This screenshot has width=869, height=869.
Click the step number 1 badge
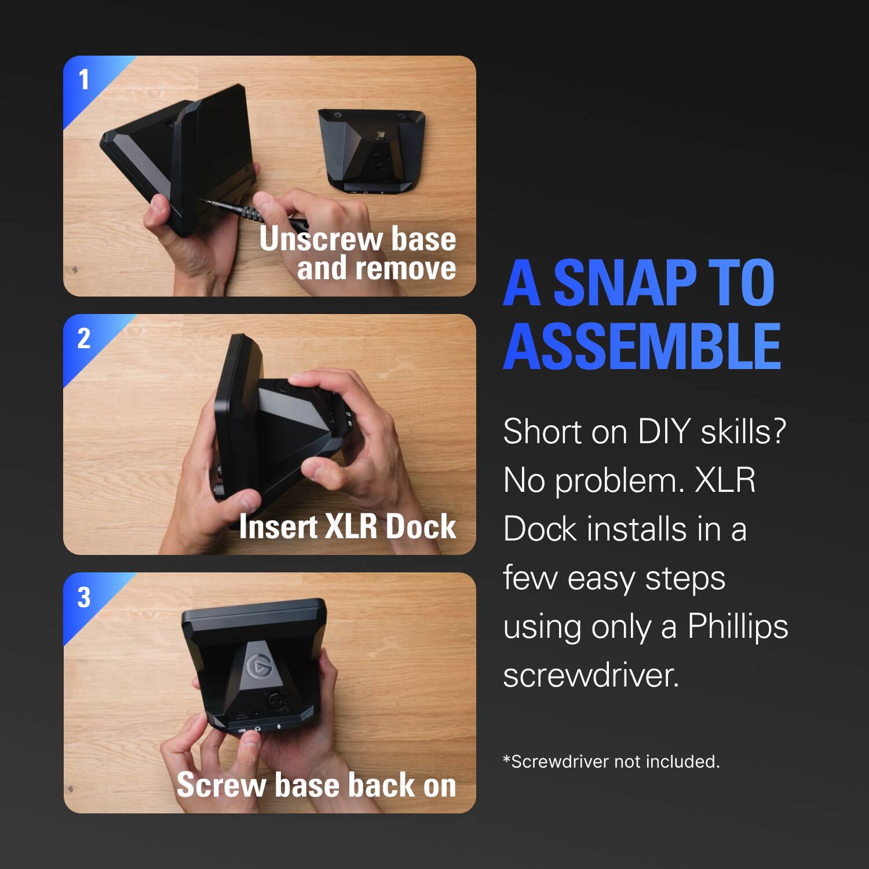(84, 80)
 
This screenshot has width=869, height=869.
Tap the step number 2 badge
(84, 338)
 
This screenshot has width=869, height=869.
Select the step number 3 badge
(84, 597)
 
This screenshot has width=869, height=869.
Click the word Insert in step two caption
(278, 527)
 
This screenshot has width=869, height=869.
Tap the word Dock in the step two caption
(421, 527)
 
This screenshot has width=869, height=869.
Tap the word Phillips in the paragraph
(737, 626)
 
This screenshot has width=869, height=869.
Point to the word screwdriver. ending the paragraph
(591, 676)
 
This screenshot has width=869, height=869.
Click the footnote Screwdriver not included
(611, 761)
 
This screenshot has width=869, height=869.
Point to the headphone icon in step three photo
(258, 729)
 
